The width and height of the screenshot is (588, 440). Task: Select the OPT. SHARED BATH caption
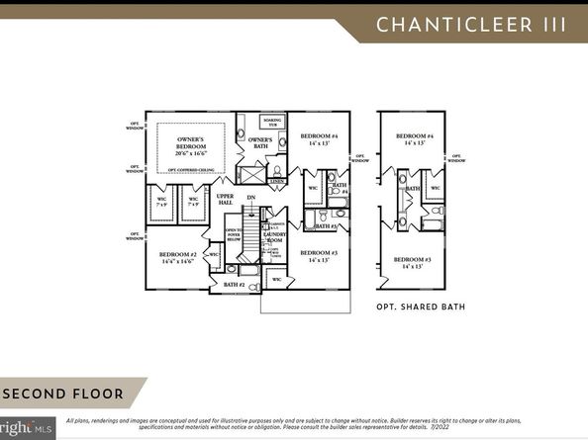(420, 307)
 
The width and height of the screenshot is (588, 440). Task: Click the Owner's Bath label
(260, 142)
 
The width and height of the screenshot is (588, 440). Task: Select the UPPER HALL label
(226, 200)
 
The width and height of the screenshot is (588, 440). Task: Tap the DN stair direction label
(251, 198)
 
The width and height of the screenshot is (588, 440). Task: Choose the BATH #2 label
(235, 285)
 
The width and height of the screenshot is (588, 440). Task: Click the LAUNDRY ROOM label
(274, 238)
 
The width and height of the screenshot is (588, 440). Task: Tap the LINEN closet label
(277, 182)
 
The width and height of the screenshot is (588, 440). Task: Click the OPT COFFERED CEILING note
(194, 170)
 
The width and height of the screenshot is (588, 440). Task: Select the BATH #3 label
(327, 226)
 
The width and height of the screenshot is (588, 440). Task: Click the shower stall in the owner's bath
(250, 177)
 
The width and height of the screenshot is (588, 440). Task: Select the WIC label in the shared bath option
(434, 187)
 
